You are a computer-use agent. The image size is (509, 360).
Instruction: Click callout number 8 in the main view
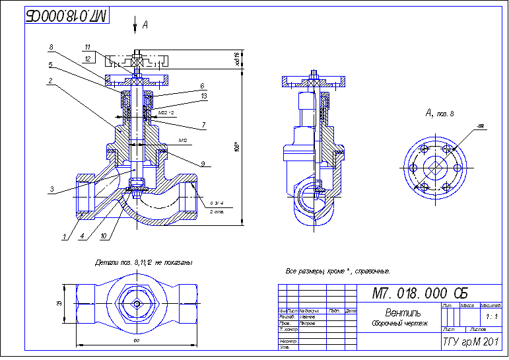click(x=51, y=47)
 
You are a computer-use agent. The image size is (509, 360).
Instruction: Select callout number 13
click(x=203, y=96)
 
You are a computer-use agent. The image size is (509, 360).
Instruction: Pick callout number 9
click(x=203, y=163)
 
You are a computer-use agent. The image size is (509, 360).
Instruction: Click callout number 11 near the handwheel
click(x=87, y=48)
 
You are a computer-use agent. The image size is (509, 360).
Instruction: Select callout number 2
click(x=51, y=81)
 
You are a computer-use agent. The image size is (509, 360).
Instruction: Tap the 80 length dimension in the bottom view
click(x=136, y=340)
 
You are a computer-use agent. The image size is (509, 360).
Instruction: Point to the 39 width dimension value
click(x=59, y=303)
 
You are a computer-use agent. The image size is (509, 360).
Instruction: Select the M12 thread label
click(x=184, y=141)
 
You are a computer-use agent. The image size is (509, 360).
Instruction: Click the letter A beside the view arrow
click(x=145, y=24)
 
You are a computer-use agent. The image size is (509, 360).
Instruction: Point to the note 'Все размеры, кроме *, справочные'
click(x=337, y=271)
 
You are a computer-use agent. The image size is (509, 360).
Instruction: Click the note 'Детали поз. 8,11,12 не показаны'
click(x=143, y=262)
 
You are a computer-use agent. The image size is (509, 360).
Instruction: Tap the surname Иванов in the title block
click(x=308, y=317)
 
